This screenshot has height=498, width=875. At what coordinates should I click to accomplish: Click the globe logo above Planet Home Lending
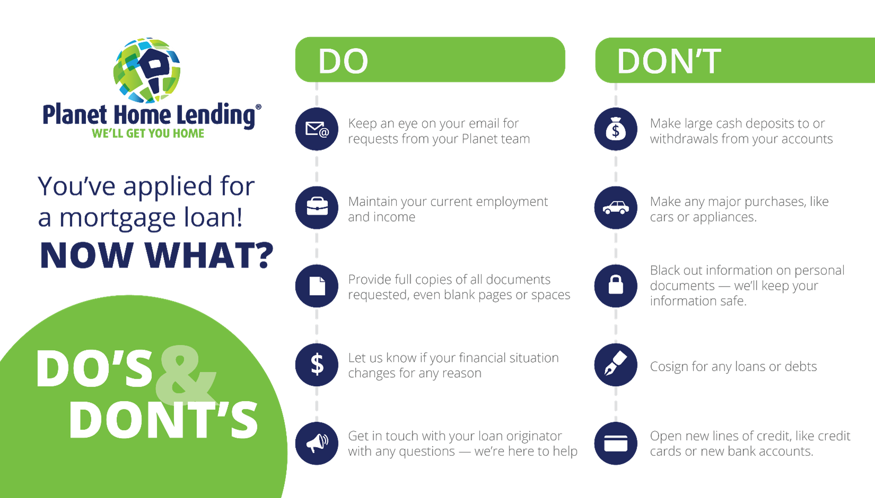coord(147,70)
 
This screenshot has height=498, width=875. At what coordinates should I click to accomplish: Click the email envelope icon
coord(317,129)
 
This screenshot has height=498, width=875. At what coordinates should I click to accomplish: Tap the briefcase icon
coord(317,207)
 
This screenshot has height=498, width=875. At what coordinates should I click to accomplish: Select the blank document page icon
coord(317,286)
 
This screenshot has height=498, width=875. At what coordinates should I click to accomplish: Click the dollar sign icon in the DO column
coord(317,364)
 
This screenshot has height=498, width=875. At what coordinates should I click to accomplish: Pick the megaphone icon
coord(317,443)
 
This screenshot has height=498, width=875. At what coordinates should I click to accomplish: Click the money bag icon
coord(616,129)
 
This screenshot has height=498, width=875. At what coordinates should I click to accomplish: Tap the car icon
coord(616,207)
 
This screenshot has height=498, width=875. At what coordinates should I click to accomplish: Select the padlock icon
coord(616,286)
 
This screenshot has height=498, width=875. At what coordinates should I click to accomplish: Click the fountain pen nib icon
coord(616,364)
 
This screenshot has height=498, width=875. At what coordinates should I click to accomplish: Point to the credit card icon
coord(616,443)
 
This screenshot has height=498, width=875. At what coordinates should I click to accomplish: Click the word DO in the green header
coord(343,61)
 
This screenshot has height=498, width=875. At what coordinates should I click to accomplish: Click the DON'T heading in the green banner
coord(668,61)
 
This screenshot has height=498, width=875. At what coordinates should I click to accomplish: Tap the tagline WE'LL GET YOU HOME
coord(148,133)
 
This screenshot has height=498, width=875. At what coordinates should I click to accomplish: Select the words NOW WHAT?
coord(156,255)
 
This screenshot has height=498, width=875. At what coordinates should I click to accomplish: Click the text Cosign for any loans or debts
coord(733,367)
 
